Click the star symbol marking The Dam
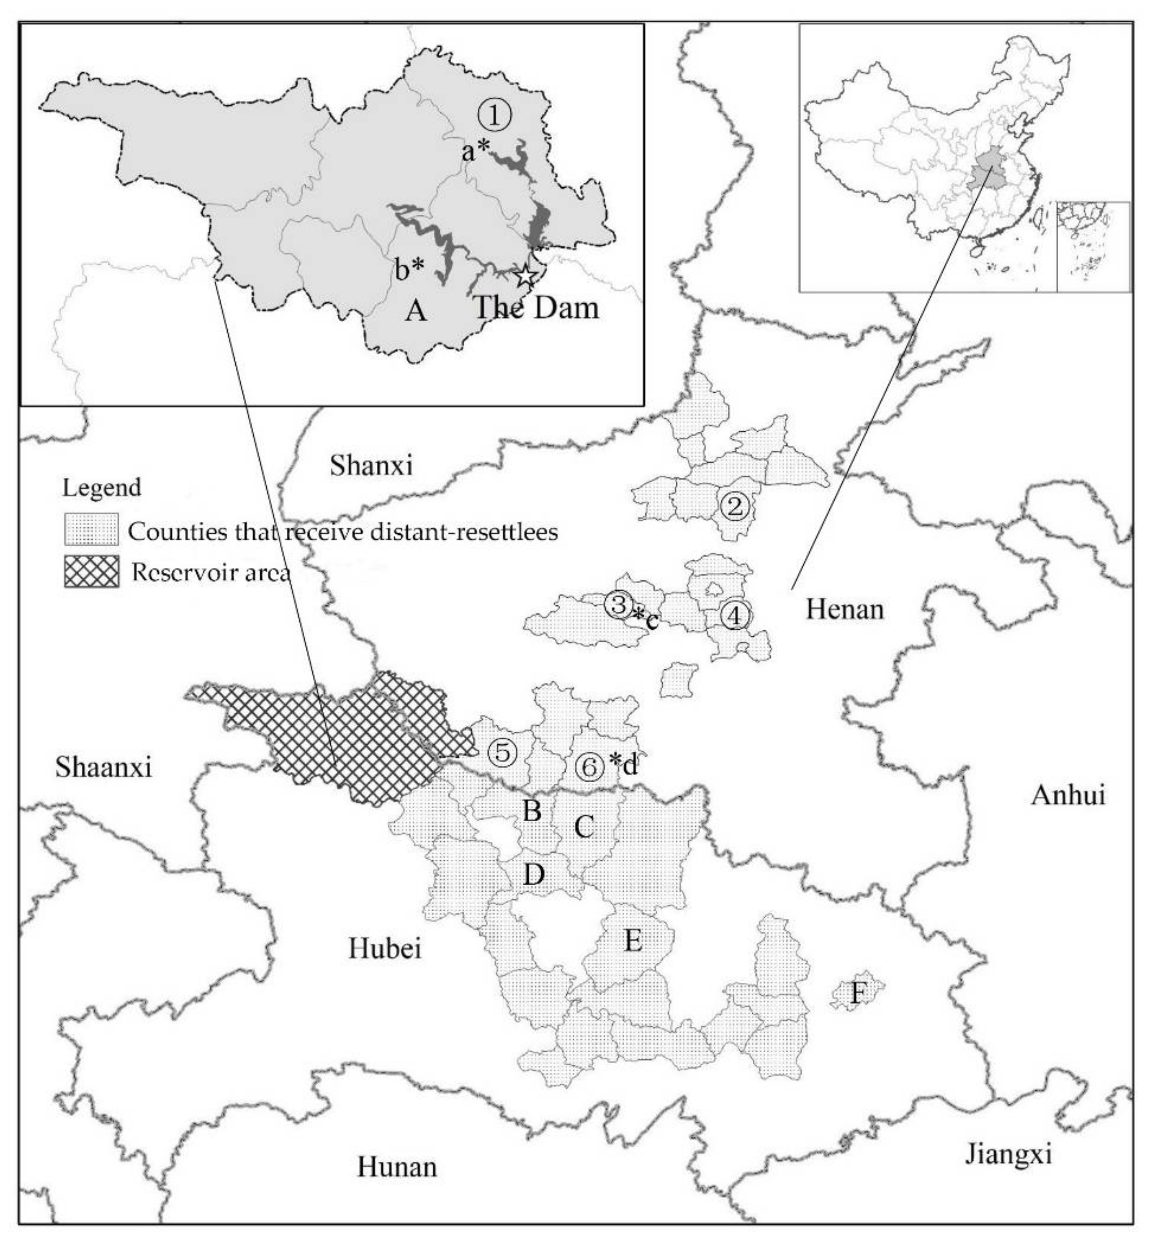(526, 275)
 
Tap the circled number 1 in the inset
(495, 115)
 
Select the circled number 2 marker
(734, 507)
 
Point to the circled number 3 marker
(618, 603)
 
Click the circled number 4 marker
(735, 616)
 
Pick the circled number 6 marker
(589, 767)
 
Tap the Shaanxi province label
(103, 767)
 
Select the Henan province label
(845, 609)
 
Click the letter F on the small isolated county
(858, 994)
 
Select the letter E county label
(633, 941)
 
